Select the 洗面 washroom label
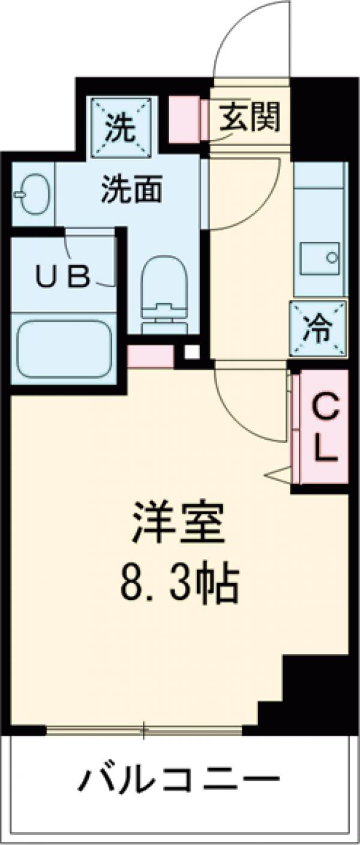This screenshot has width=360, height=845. point(131,190)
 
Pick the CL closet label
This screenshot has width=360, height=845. point(324,427)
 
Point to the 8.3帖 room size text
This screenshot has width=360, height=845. point(179,582)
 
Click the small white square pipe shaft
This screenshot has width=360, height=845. point(191,352)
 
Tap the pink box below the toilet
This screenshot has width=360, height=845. point(151,356)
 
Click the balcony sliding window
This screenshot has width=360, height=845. point(144,730)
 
